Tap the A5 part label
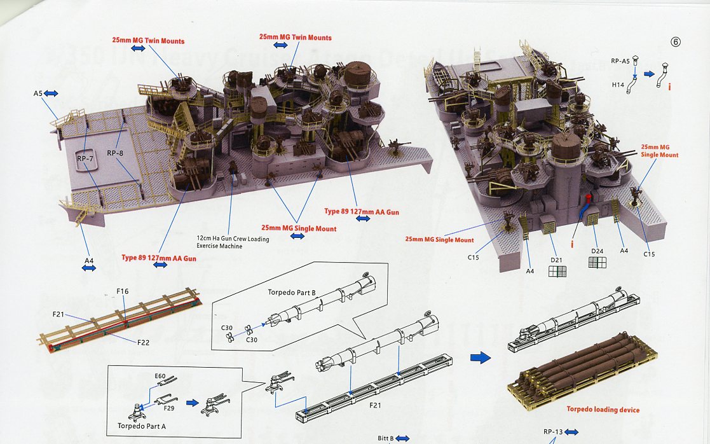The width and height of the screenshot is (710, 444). [38, 94]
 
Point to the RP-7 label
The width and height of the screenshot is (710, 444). [84, 156]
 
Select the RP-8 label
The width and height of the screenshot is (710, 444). [115, 153]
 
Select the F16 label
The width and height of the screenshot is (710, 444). [123, 291]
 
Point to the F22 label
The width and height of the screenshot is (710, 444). [143, 342]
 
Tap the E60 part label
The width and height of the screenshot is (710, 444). [160, 377]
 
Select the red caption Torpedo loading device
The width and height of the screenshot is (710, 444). [603, 409]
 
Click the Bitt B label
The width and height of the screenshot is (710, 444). [386, 438]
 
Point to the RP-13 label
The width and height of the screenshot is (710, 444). [553, 432]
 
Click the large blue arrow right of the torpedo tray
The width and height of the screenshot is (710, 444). [481, 357]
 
